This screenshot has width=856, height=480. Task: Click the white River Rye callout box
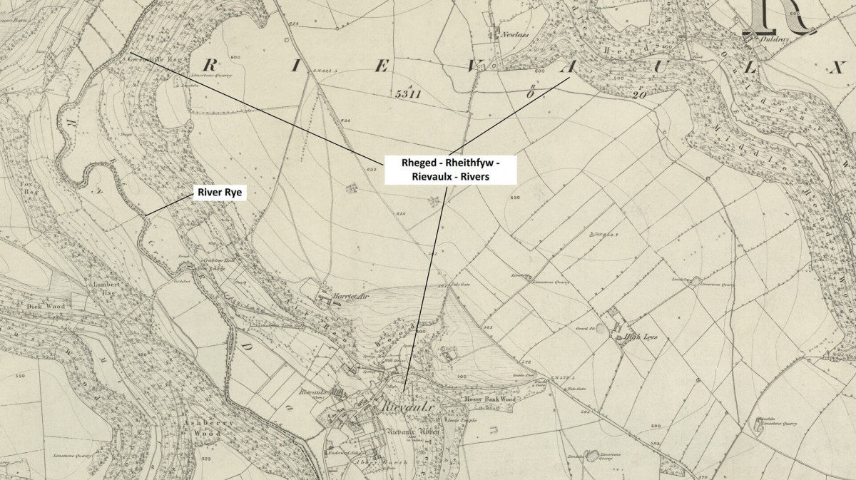(x=220, y=193)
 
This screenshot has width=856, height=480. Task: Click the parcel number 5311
(x=407, y=93)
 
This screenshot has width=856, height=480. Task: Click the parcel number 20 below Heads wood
(x=639, y=93)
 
